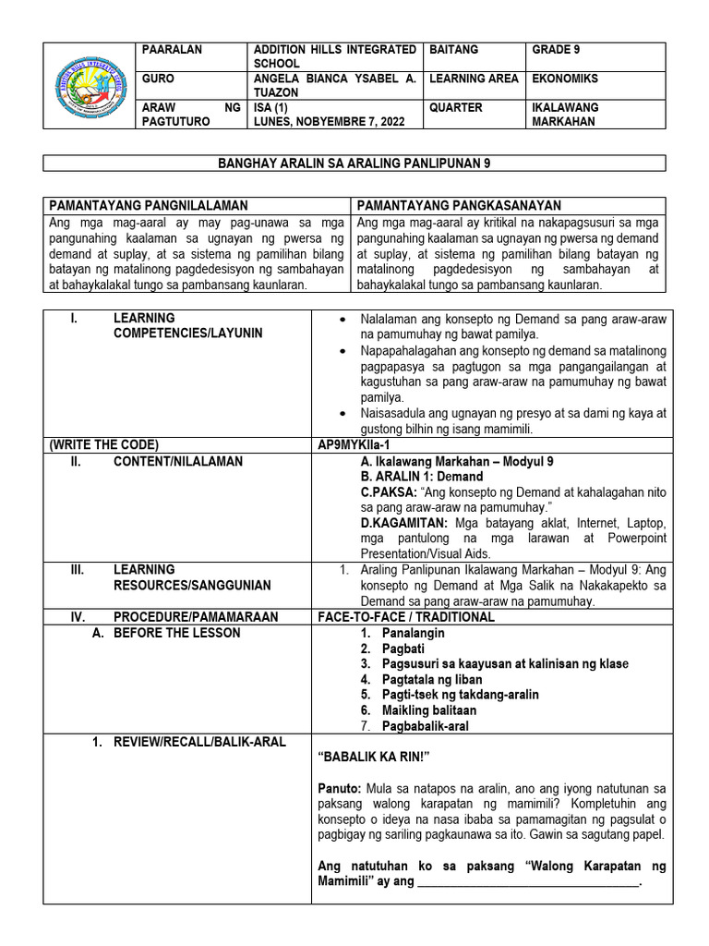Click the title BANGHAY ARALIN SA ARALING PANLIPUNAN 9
coord(354,164)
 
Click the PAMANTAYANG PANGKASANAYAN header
coord(459,205)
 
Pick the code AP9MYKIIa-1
coord(354,443)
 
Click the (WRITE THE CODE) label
coord(103,443)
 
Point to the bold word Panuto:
coord(339,787)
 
